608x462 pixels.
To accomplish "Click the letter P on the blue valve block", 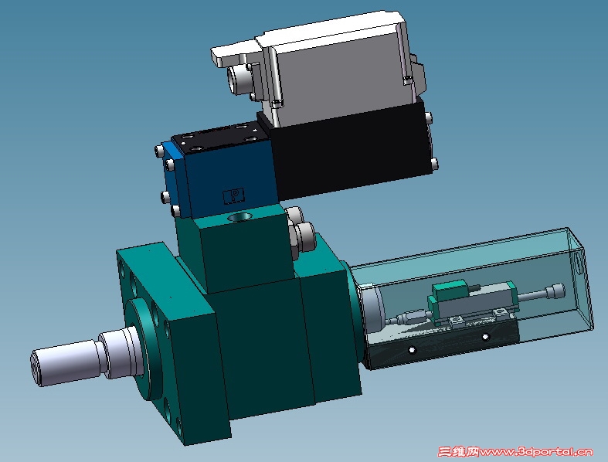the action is [x=234, y=195].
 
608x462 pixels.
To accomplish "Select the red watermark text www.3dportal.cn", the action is [x=536, y=451].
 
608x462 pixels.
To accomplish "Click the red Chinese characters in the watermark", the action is [x=459, y=451].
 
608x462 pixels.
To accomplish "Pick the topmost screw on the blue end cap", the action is [x=158, y=150].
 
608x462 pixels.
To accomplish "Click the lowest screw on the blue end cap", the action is [x=175, y=211].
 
